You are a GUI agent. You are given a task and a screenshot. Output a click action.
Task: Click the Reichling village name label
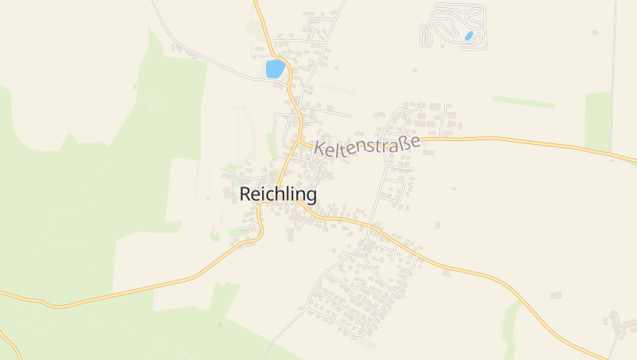278,194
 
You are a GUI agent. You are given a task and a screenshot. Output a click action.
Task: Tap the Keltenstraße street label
367,145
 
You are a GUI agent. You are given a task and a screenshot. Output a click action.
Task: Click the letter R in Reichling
246,194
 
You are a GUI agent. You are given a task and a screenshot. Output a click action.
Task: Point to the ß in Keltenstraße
404,143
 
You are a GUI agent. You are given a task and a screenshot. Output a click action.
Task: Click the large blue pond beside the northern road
275,69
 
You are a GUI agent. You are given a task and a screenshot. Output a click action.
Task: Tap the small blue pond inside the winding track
470,36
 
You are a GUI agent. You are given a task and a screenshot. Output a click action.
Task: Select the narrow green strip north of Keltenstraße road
523,102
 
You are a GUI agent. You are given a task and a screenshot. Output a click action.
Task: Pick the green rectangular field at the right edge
598,120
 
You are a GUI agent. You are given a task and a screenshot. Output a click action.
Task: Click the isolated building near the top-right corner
594,33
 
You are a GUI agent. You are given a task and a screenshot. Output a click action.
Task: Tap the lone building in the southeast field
555,295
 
